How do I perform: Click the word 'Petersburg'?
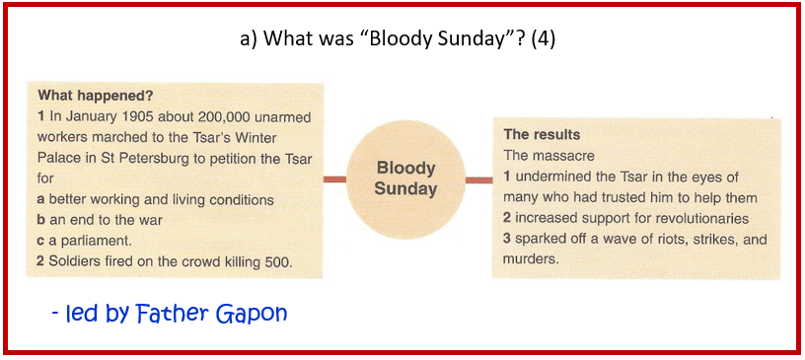point(161,159)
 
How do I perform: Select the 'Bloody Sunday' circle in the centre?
point(405,179)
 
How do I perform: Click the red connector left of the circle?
point(334,180)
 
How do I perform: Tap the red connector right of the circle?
point(478,180)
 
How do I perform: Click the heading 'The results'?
point(542,134)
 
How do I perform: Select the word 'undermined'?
point(549,178)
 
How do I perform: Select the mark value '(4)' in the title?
point(544,39)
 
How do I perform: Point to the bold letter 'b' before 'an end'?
point(40,220)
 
